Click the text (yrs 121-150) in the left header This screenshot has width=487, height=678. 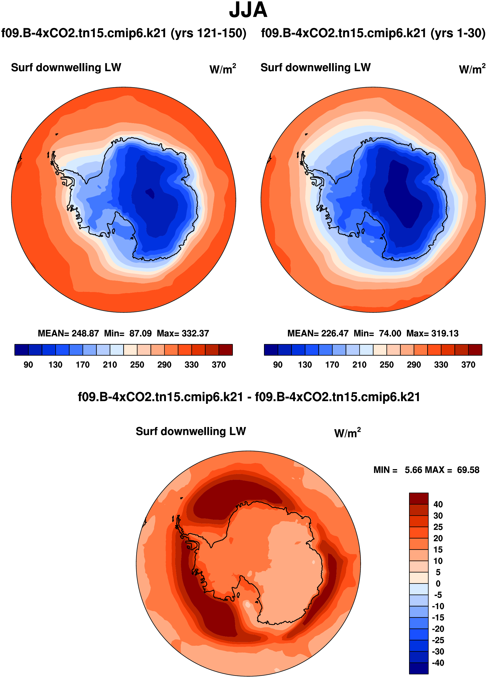click(x=208, y=33)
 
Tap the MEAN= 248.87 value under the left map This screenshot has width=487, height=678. click(x=68, y=333)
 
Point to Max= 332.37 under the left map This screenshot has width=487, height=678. click(x=183, y=333)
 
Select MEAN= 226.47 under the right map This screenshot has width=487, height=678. click(x=318, y=333)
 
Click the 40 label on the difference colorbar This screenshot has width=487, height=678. click(x=438, y=504)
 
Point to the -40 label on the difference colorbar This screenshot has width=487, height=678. click(x=438, y=663)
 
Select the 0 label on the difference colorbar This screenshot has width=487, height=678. click(x=438, y=584)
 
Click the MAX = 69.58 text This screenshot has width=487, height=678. click(x=452, y=470)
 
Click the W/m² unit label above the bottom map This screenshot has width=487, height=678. click(x=347, y=433)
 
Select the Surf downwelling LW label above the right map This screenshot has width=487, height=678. click(x=315, y=67)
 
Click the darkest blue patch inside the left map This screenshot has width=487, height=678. click(x=150, y=193)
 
